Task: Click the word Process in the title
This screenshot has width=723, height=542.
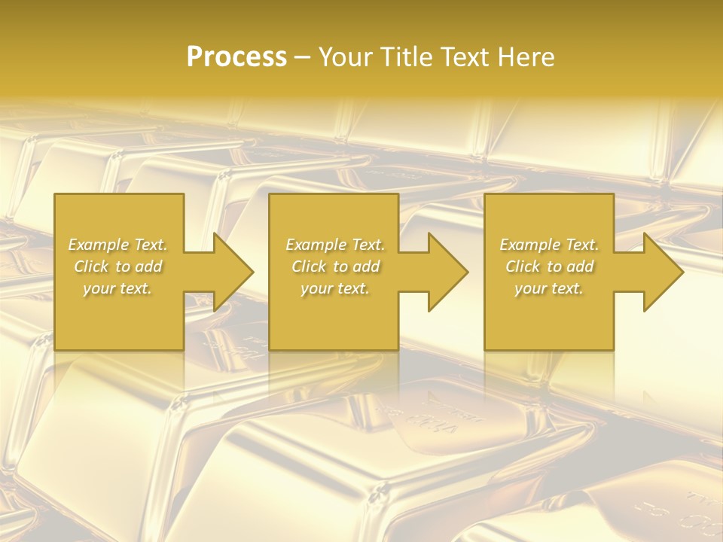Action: click(x=236, y=57)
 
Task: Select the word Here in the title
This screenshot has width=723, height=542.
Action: click(x=526, y=57)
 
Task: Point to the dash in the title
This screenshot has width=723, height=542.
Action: click(x=303, y=58)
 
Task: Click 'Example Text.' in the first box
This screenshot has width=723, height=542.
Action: click(x=117, y=245)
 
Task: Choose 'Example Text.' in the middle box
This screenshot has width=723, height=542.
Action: click(x=335, y=245)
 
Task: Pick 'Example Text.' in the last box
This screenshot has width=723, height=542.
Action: click(x=549, y=245)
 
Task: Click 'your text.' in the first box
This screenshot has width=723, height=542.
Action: click(x=117, y=288)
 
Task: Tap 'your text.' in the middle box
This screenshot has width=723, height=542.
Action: click(x=335, y=288)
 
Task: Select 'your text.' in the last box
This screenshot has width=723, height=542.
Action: click(x=549, y=288)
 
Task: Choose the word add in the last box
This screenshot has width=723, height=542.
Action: click(x=580, y=266)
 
